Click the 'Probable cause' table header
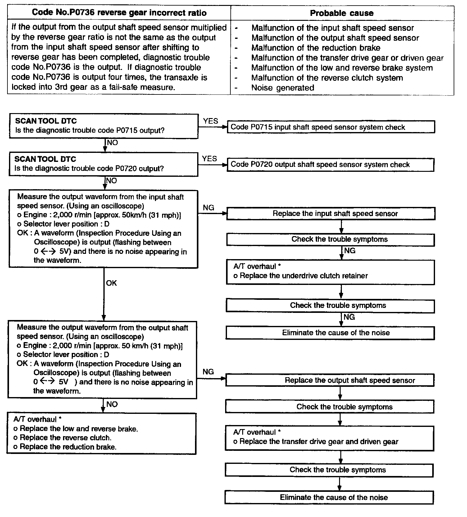pos(342,13)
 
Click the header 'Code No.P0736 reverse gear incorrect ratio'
pos(119,13)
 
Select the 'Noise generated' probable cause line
pos(283,88)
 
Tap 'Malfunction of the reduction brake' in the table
pos(316,48)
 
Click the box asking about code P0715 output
pos(103,126)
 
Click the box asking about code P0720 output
pos(103,164)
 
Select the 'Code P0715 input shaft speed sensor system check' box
pos(331,127)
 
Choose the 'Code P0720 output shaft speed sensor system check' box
pos(331,165)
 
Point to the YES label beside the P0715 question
pos(211,121)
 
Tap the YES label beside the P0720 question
pos(209,159)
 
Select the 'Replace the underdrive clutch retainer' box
pos(330,272)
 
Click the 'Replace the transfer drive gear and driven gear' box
pos(329,438)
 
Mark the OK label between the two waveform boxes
pos(111,283)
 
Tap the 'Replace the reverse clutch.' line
pos(65,438)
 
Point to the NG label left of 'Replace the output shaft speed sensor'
pos(208,372)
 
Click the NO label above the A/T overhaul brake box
pos(112,404)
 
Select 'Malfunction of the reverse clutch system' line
pos(327,78)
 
